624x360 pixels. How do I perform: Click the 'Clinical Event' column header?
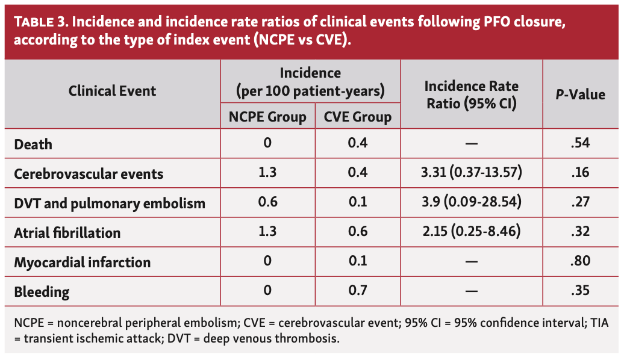[x=112, y=91]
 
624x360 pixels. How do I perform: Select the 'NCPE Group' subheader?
[x=267, y=116]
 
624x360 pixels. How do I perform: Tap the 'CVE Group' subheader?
[x=358, y=116]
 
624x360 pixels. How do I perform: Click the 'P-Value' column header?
[x=579, y=95]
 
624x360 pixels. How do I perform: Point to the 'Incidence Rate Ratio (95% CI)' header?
[x=472, y=95]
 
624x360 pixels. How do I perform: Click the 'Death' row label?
[x=33, y=144]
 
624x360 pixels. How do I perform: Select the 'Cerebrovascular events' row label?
[x=89, y=174]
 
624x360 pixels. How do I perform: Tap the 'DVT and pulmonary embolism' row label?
[x=110, y=203]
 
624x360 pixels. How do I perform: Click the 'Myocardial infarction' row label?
[x=82, y=262]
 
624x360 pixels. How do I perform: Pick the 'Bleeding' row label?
[x=42, y=293]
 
